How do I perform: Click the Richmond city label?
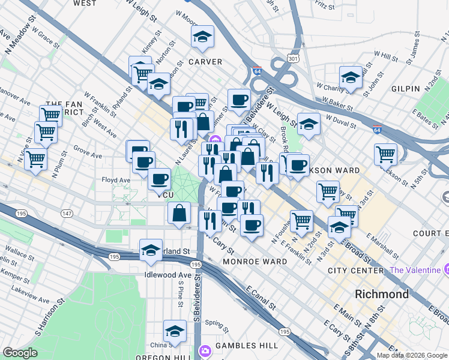(382, 295)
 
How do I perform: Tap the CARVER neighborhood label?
(205, 62)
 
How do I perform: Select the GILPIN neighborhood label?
(405, 89)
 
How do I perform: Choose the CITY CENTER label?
(356, 271)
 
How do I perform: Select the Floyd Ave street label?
(116, 179)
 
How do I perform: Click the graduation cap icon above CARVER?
(203, 37)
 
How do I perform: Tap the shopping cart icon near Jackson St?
(385, 154)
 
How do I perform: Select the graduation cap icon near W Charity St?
(351, 77)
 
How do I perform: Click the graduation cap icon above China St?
(175, 331)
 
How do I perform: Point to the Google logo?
(20, 353)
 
